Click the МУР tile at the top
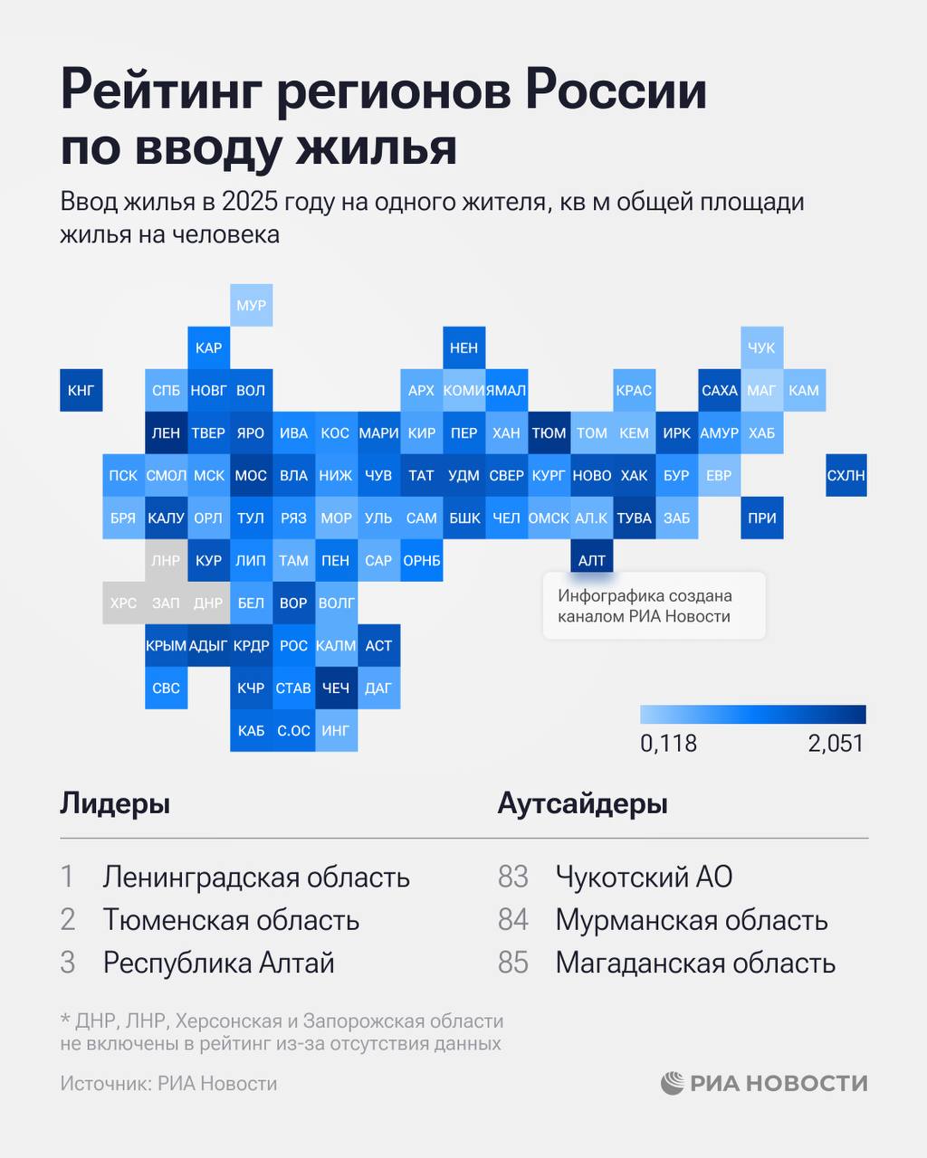(x=251, y=305)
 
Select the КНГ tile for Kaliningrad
(x=81, y=390)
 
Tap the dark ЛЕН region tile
(x=166, y=432)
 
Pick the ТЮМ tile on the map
(x=549, y=432)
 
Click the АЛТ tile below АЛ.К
(x=591, y=560)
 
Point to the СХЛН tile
(x=846, y=475)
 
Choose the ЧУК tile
(x=761, y=347)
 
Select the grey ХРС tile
(x=123, y=603)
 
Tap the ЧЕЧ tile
(x=336, y=688)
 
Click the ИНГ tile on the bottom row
(x=336, y=730)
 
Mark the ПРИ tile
(x=761, y=517)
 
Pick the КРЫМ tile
(x=166, y=645)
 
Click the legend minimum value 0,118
(x=668, y=744)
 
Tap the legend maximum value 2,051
(x=836, y=744)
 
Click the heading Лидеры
(x=115, y=803)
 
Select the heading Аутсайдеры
(x=582, y=803)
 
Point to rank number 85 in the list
(x=512, y=963)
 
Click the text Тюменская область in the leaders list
(x=231, y=920)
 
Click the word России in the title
(x=616, y=90)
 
